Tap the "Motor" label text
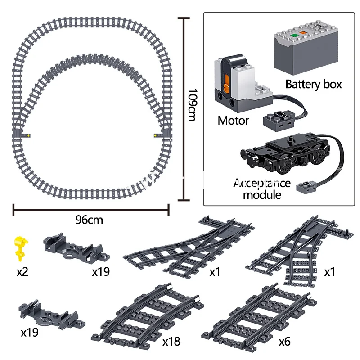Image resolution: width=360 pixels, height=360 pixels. click(x=233, y=120)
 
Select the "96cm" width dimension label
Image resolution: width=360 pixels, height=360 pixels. click(x=89, y=220)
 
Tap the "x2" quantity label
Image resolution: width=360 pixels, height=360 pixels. click(x=22, y=272)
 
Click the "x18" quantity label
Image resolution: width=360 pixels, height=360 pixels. click(x=171, y=341)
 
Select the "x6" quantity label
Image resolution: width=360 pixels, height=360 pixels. click(x=284, y=341)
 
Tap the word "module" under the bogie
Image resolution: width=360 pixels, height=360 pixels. click(x=262, y=194)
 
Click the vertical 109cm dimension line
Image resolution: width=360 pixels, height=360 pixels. click(x=182, y=108)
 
